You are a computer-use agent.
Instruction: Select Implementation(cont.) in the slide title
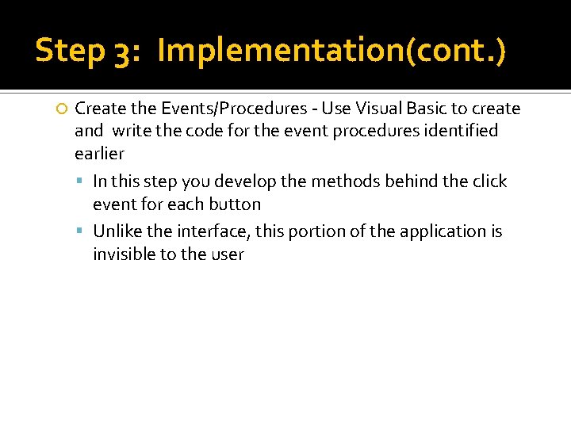[331, 52]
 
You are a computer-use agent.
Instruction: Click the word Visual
[367, 108]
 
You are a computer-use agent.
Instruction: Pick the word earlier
[99, 153]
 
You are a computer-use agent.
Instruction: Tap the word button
[235, 204]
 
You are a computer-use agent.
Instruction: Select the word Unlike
[116, 231]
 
